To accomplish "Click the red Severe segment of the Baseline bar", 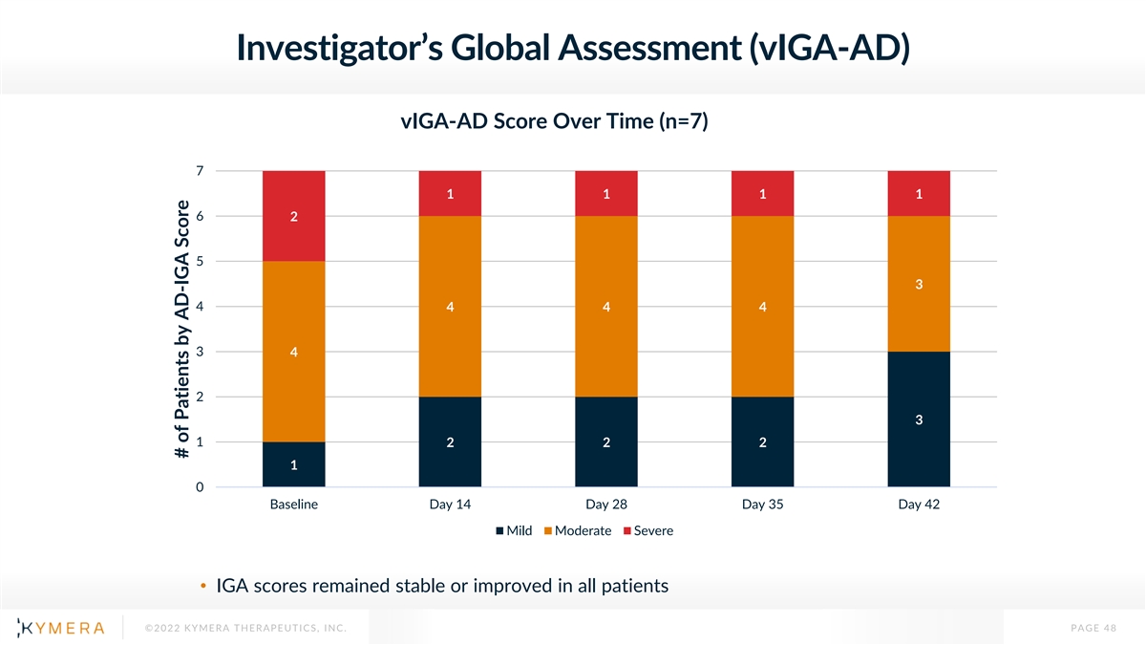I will click(294, 216).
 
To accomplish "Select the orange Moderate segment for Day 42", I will click(919, 284).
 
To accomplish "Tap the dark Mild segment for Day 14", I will click(450, 441).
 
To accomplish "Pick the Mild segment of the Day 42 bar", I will click(919, 419).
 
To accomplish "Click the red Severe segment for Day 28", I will click(606, 194).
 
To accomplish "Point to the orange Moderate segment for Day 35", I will click(762, 307).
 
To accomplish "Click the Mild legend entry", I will click(514, 530).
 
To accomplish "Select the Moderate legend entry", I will click(578, 530).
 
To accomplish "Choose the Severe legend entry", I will click(647, 530).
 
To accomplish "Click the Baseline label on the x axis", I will click(294, 505).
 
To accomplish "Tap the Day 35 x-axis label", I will click(762, 505).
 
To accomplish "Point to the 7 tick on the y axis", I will click(200, 172).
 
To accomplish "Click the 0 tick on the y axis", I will click(200, 487).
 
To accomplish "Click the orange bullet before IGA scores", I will click(204, 586).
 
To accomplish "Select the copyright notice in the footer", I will click(244, 628).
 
